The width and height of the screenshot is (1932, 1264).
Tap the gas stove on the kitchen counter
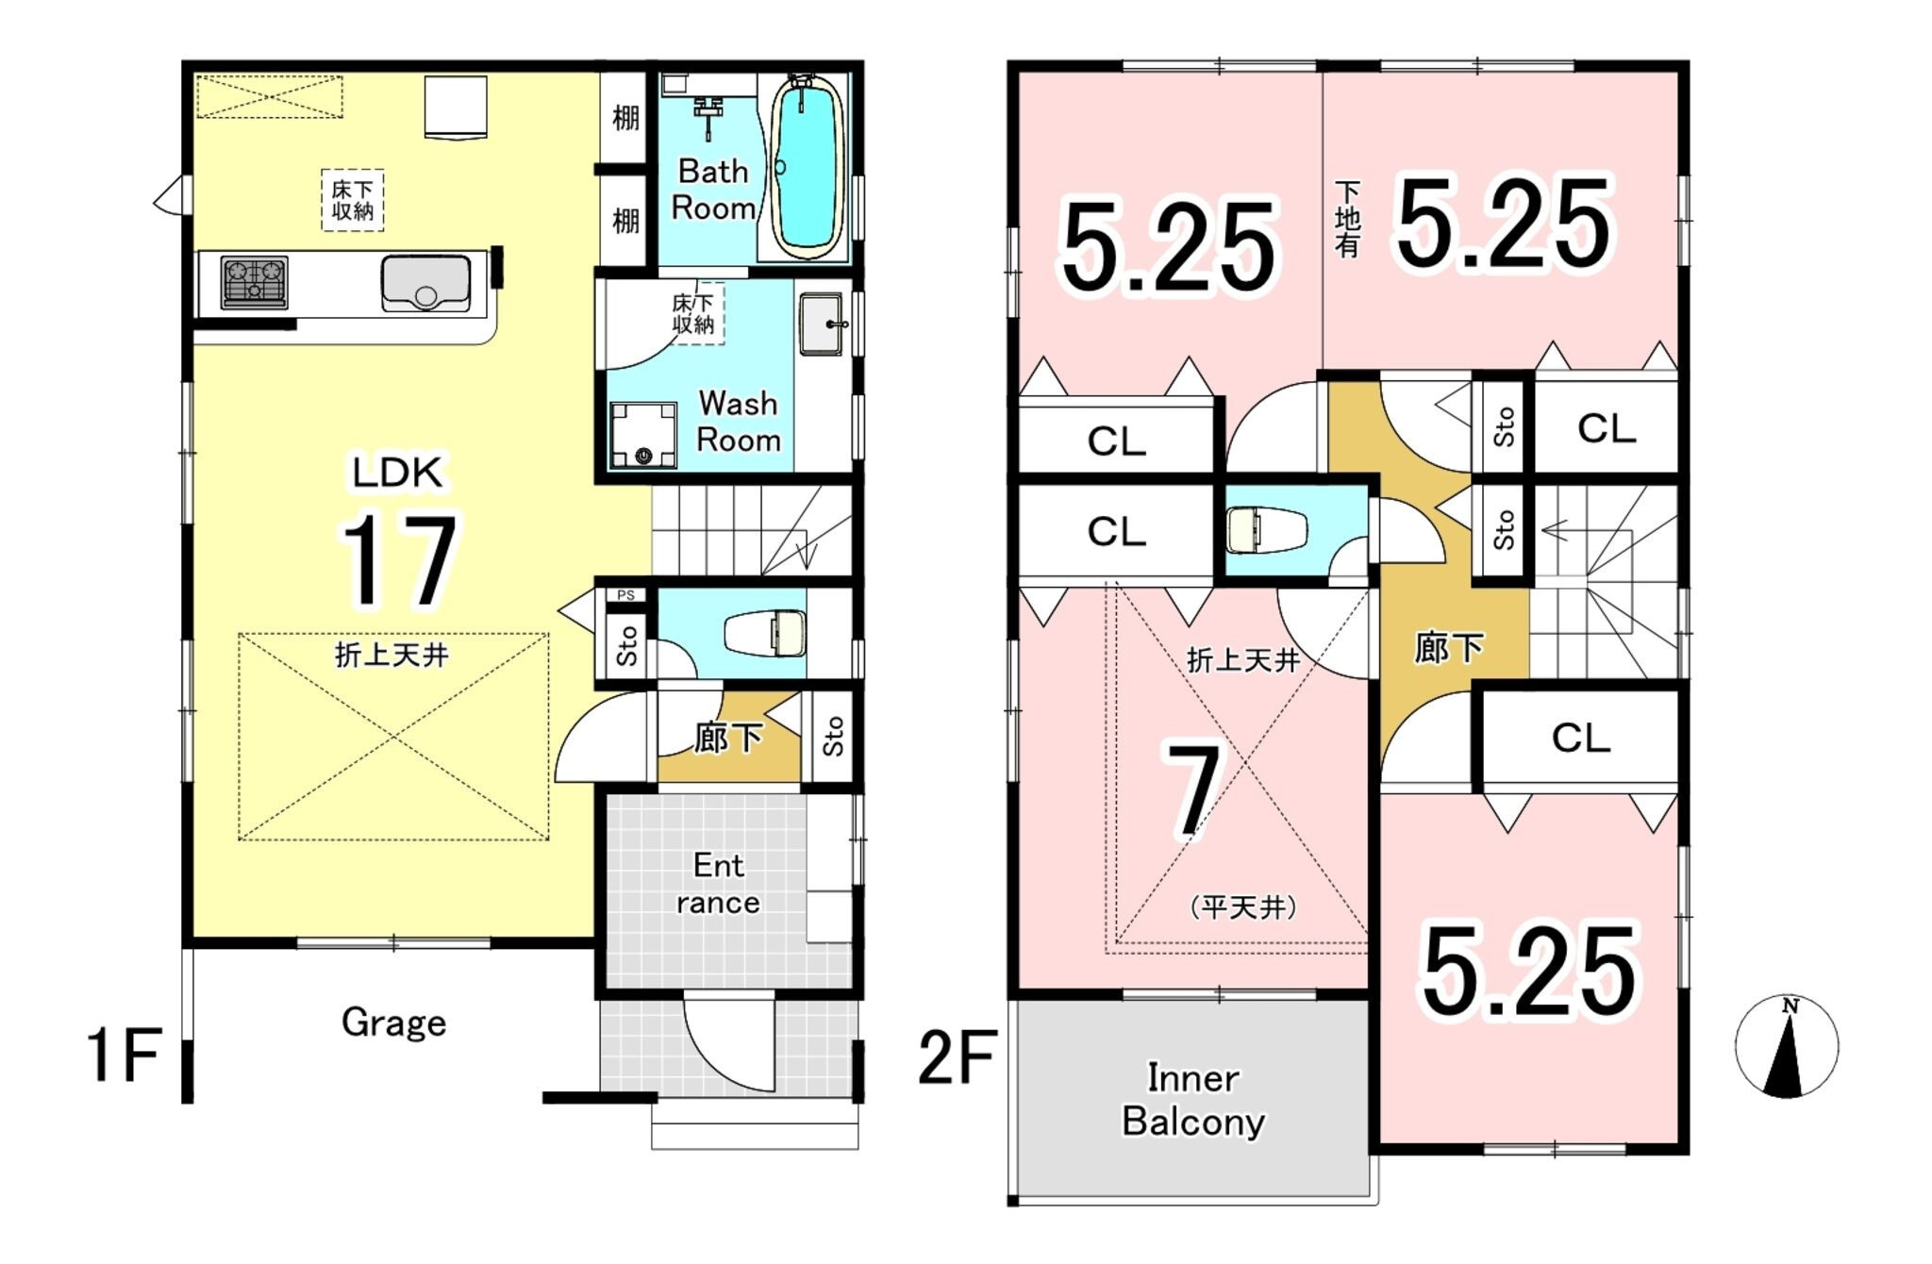click(x=254, y=282)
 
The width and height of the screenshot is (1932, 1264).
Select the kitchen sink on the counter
click(x=425, y=283)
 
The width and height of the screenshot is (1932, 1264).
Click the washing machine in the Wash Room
click(x=643, y=435)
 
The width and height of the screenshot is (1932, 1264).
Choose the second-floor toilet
click(x=1267, y=531)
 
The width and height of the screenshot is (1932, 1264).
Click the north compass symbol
click(x=1786, y=1046)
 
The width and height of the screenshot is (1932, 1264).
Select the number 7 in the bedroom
click(x=1194, y=790)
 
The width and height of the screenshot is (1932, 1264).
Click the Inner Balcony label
click(x=1193, y=1100)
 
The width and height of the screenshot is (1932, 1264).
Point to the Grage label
click(x=393, y=1023)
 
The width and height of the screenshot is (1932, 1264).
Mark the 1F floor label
click(x=124, y=1056)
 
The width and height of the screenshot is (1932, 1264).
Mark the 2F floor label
click(x=958, y=1057)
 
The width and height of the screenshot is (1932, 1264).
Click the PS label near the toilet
click(x=625, y=595)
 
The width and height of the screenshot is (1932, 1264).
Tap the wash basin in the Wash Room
click(x=822, y=324)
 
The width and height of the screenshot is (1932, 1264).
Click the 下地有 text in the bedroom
click(x=1348, y=220)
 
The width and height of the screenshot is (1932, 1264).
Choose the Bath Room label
click(x=713, y=190)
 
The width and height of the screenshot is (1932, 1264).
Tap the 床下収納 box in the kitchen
click(x=353, y=200)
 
